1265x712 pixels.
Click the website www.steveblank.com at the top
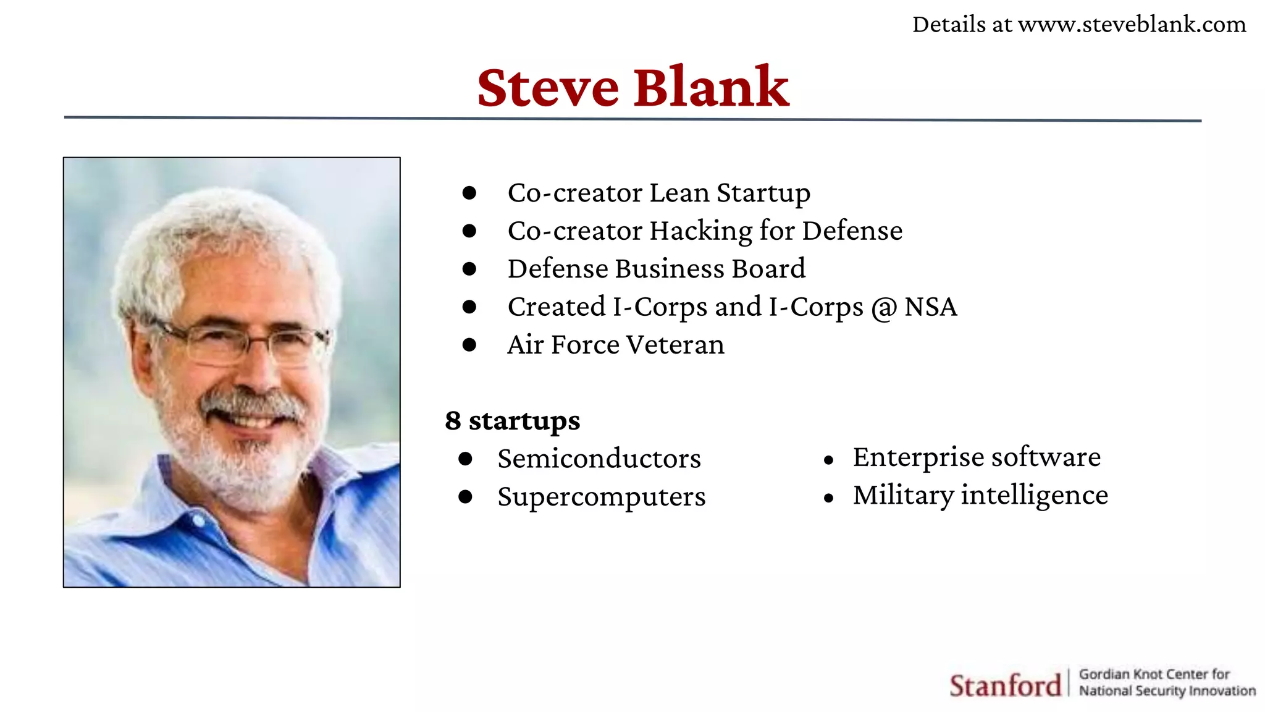pos(1132,25)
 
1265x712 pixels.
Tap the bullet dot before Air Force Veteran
pos(469,345)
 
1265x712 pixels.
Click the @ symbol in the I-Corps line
pos(884,308)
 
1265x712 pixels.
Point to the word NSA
pos(931,307)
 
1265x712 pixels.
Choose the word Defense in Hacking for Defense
pos(852,231)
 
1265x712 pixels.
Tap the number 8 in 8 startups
pos(453,421)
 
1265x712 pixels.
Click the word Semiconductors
pos(599,459)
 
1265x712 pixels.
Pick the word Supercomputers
pos(602,497)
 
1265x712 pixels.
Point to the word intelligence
pos(1035,495)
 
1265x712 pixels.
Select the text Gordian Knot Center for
pos(1154,674)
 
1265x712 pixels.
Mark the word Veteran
pos(675,345)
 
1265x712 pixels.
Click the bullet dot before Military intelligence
pos(829,498)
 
